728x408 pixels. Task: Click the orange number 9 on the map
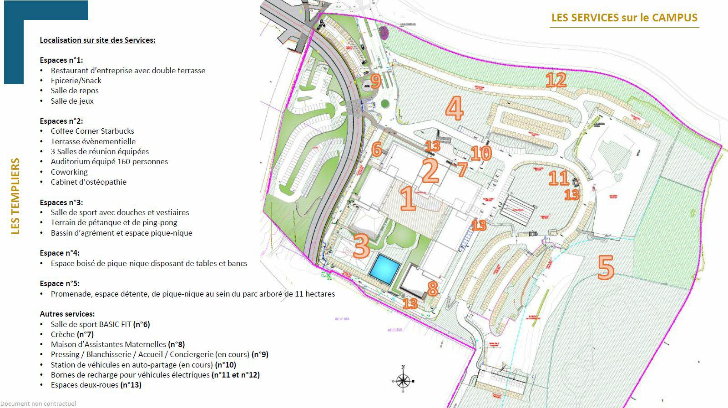coord(375,81)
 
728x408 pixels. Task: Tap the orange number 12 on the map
coord(556,81)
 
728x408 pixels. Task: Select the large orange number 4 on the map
coord(454,108)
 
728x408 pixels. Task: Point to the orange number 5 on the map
coord(606,267)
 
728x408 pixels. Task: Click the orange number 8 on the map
coord(432,288)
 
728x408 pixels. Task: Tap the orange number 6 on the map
coord(376,149)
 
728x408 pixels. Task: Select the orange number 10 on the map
coord(481,153)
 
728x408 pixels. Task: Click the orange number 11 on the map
coord(559,178)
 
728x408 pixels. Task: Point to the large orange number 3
coord(361,246)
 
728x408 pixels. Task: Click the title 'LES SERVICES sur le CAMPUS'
coord(624,18)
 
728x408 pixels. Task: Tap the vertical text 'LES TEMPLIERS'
coord(15,196)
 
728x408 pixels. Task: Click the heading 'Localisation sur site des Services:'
coord(97,40)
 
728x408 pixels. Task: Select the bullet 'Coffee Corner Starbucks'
coord(92,131)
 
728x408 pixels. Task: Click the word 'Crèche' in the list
coord(62,334)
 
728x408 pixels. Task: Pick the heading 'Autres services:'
coord(67,314)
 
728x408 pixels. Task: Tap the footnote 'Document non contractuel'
coord(38,403)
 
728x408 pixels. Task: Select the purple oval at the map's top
coord(384,32)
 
